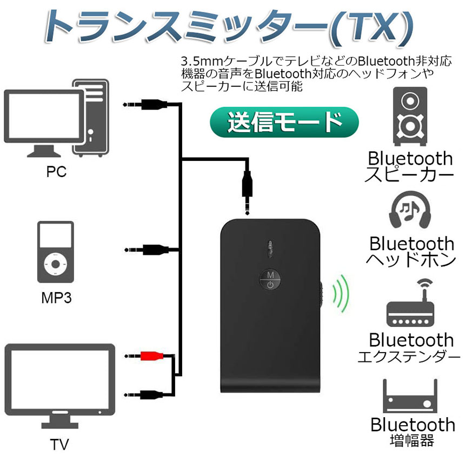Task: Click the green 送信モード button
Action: tap(284, 122)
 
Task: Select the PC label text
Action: tap(56, 172)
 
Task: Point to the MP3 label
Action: tap(56, 297)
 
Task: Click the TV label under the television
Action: tap(59, 444)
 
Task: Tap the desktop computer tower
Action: tap(91, 116)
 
